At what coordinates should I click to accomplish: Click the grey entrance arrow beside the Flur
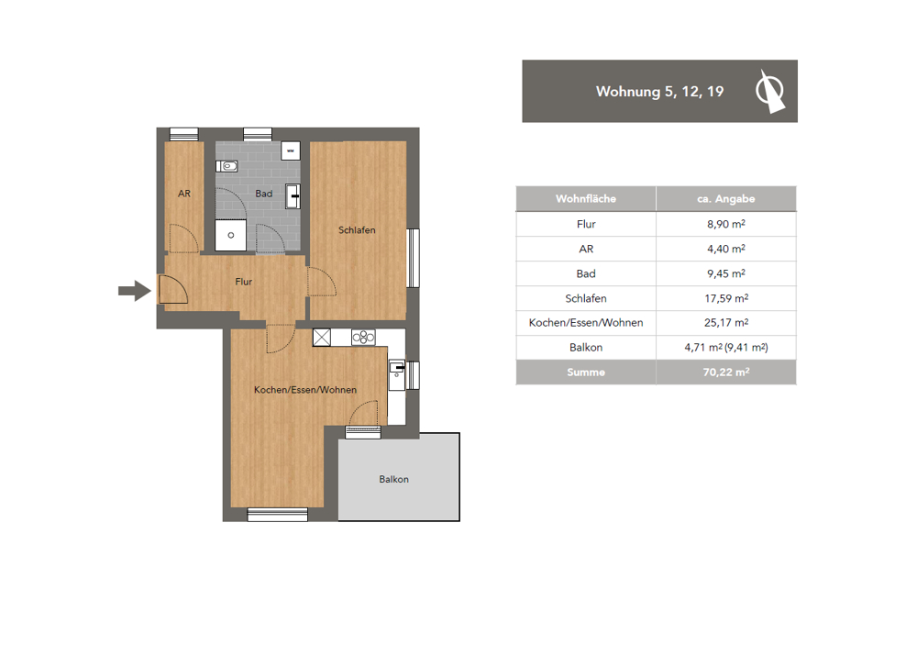(x=135, y=290)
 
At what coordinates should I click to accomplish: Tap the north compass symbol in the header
(x=770, y=91)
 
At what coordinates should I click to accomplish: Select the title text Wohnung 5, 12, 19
(x=659, y=92)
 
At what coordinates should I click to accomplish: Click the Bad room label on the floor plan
(x=264, y=194)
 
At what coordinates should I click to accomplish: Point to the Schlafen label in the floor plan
(x=357, y=230)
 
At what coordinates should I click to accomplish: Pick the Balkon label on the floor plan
(x=393, y=479)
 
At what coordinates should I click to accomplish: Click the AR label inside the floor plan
(x=184, y=194)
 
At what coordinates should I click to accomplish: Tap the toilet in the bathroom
(x=226, y=166)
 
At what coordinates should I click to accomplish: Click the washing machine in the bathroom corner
(x=291, y=150)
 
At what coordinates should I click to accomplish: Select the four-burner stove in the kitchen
(x=363, y=337)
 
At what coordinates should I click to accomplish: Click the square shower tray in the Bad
(x=230, y=235)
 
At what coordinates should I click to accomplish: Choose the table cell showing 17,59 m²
(x=726, y=298)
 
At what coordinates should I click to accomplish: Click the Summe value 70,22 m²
(x=726, y=372)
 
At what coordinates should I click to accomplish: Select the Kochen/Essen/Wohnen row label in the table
(x=586, y=323)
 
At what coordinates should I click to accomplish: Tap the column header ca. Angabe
(x=725, y=199)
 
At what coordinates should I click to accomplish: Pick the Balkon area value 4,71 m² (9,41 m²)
(x=726, y=347)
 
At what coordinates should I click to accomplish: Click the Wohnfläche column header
(x=586, y=199)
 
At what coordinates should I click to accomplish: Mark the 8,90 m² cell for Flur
(x=726, y=224)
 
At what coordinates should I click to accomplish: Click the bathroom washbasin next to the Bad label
(x=293, y=196)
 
